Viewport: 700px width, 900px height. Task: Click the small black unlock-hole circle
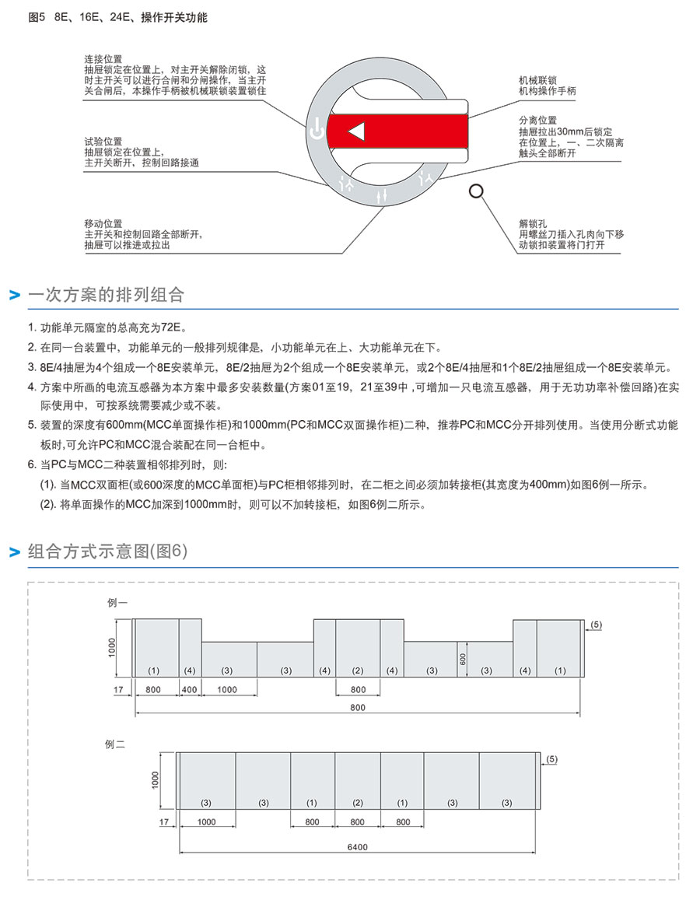476,191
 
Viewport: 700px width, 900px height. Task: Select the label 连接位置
103,59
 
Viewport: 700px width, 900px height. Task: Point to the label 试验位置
103,142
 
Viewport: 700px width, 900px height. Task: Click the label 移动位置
103,223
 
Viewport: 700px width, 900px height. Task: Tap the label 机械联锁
538,80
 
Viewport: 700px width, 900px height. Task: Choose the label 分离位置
538,121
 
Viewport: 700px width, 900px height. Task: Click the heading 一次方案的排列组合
106,295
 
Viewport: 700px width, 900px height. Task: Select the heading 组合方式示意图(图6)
107,552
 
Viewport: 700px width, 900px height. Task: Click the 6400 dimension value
358,847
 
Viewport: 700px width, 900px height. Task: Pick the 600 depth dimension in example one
462,657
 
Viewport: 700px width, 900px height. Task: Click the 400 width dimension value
190,689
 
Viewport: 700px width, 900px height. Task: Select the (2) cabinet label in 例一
358,671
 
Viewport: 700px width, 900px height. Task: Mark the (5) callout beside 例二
552,758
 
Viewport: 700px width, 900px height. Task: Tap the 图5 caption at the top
37,17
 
